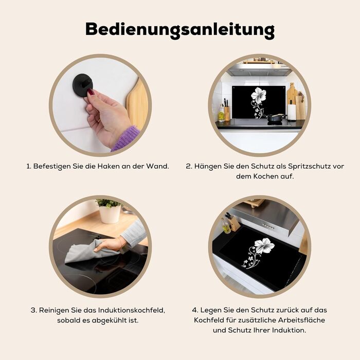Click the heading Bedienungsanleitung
point(180,30)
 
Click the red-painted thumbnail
point(91,93)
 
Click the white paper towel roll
point(292,112)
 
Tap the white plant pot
point(110,214)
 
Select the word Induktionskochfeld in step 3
point(132,310)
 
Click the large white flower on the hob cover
point(264,246)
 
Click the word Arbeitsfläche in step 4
point(301,320)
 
